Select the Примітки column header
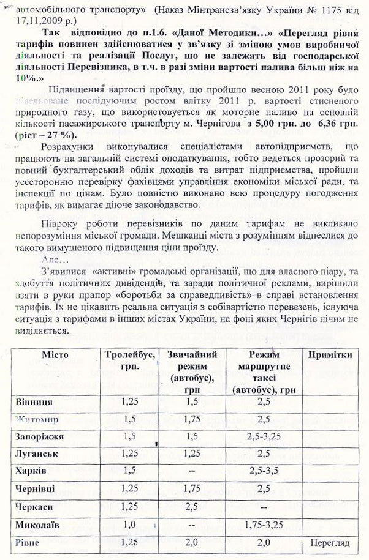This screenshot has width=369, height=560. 330,355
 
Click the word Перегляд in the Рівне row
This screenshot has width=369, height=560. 329,543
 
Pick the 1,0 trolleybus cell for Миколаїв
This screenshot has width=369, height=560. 129,525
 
